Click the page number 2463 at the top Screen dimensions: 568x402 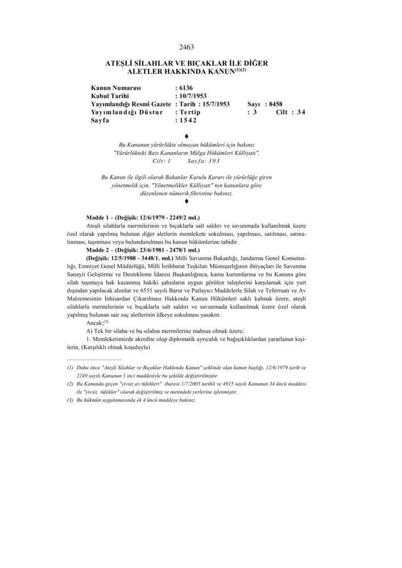click(187, 48)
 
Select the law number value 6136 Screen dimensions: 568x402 click(186, 88)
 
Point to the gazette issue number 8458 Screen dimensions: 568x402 click(275, 104)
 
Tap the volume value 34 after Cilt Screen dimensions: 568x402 click(301, 112)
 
